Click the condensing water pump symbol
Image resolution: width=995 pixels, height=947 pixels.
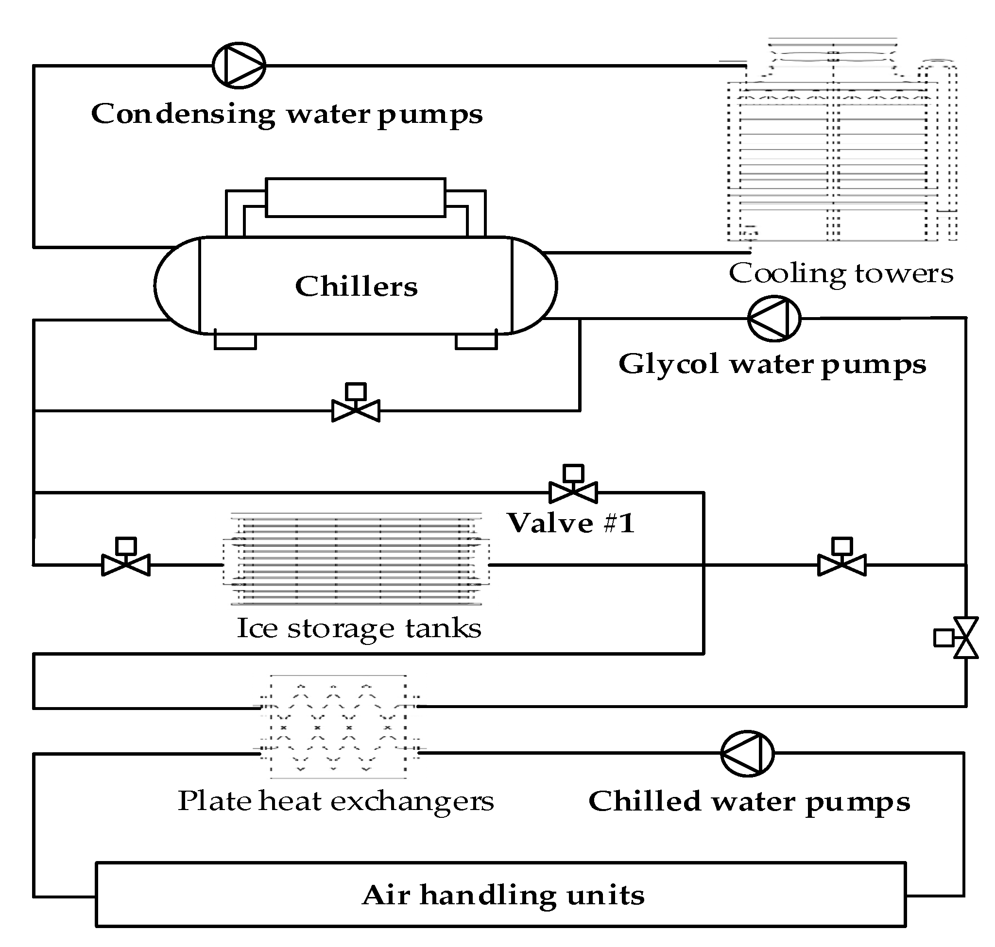pyautogui.click(x=239, y=66)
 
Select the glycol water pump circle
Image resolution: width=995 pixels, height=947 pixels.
pyautogui.click(x=774, y=319)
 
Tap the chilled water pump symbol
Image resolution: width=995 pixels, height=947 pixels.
pyautogui.click(x=747, y=753)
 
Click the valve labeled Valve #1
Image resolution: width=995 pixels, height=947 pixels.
pyautogui.click(x=573, y=491)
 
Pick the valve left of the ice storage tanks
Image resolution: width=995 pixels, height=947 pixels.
pyautogui.click(x=126, y=564)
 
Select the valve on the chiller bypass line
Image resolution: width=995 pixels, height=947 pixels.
pyautogui.click(x=356, y=410)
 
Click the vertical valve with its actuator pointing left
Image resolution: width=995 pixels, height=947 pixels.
pyautogui.click(x=964, y=638)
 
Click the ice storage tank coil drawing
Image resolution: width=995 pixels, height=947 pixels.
pyautogui.click(x=356, y=559)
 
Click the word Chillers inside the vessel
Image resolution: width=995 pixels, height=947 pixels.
pyautogui.click(x=356, y=286)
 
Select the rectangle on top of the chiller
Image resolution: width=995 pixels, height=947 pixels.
pyautogui.click(x=355, y=197)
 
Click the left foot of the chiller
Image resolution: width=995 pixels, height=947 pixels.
pyautogui.click(x=235, y=341)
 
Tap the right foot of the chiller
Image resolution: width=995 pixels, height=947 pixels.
pyautogui.click(x=476, y=341)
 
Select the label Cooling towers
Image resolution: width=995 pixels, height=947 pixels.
pyautogui.click(x=841, y=273)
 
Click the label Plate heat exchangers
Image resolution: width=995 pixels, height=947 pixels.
pyautogui.click(x=335, y=801)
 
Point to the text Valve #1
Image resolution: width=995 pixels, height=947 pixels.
pyautogui.click(x=571, y=523)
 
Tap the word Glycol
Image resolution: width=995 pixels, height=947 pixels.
pyautogui.click(x=668, y=364)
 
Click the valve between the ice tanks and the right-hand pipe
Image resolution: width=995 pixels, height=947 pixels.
pyautogui.click(x=841, y=564)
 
